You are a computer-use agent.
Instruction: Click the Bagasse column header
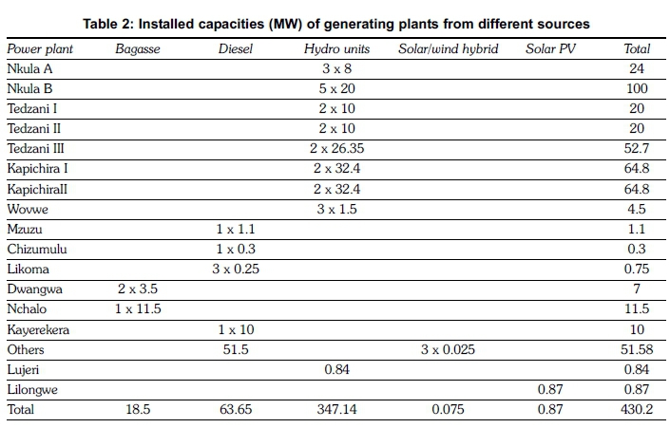[x=137, y=48]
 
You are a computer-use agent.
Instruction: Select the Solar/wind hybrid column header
[x=448, y=48]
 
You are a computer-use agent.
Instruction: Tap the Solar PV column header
[x=550, y=48]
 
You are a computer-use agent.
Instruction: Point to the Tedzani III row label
[x=35, y=148]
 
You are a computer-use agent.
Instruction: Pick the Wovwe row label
[x=27, y=209]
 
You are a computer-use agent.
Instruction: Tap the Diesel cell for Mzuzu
[x=234, y=229]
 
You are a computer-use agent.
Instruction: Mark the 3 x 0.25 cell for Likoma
[x=234, y=269]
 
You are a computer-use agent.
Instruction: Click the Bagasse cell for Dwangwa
[x=137, y=289]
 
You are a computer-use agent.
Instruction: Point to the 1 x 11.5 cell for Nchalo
[x=137, y=309]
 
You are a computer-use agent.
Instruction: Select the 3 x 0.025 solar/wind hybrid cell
[x=448, y=349]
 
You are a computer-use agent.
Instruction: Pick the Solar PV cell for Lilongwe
[x=550, y=389]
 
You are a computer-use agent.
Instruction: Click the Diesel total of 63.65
[x=234, y=410]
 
